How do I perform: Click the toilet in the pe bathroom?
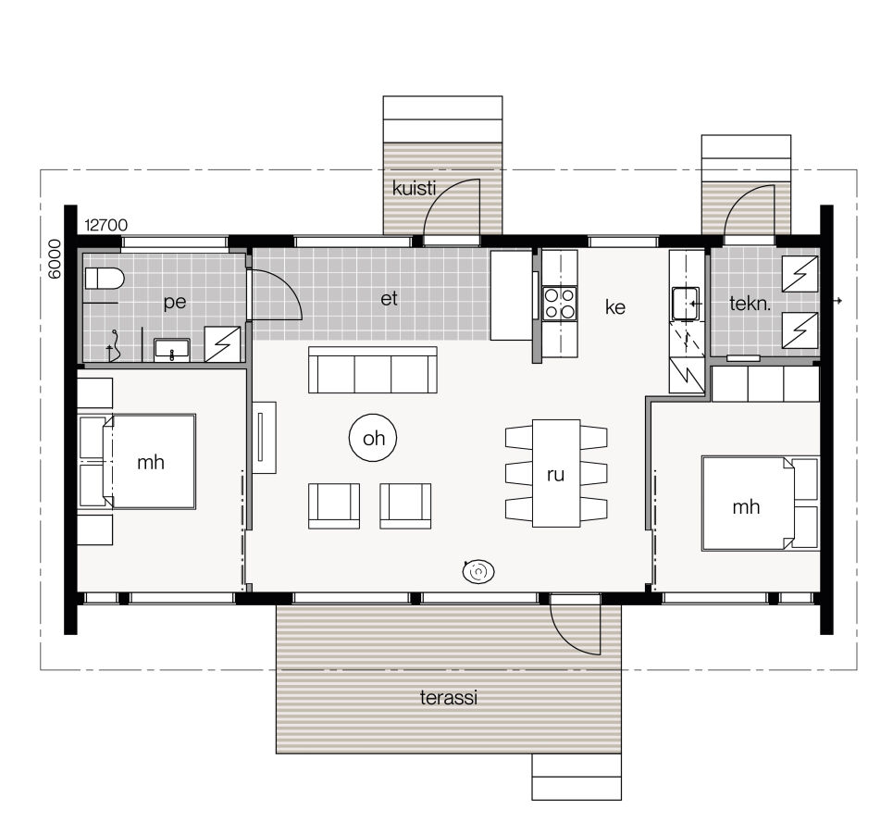(x=104, y=279)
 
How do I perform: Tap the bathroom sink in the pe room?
(x=171, y=349)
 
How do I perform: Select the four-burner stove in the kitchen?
(x=559, y=303)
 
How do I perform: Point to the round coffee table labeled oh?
(x=373, y=439)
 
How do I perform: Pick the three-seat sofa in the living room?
(x=373, y=372)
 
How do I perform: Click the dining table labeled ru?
(x=556, y=474)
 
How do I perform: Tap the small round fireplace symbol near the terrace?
(x=478, y=573)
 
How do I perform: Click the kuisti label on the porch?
(x=414, y=188)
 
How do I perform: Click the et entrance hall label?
(x=389, y=300)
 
